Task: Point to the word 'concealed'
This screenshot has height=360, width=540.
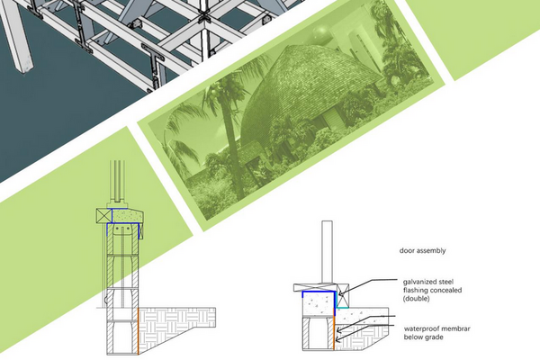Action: point(445,290)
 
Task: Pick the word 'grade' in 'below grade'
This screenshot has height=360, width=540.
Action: point(433,337)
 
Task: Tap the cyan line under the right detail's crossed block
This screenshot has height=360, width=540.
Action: point(343,307)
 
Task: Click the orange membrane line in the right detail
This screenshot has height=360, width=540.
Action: point(334,334)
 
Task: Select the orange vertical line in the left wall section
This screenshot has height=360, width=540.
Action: point(138,331)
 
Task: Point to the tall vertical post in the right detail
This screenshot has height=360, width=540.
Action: point(328,252)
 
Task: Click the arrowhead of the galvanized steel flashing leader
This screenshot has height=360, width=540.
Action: point(340,294)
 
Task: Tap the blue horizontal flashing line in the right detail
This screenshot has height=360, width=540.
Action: point(319,292)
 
